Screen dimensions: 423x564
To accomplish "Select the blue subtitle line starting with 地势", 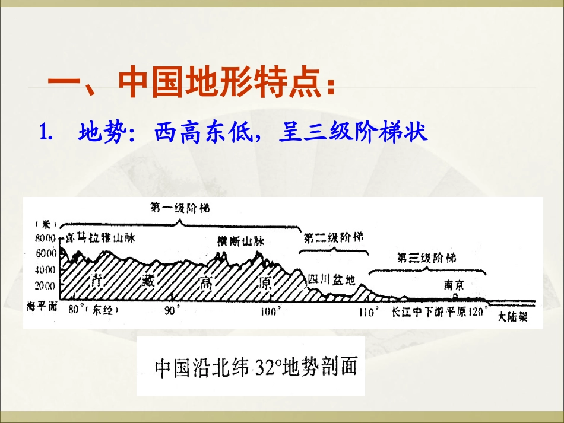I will (252, 132).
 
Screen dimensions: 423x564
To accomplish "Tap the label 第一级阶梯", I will (179, 208).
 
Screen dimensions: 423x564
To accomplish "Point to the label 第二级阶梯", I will (333, 237).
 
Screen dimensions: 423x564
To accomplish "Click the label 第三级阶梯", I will (426, 258).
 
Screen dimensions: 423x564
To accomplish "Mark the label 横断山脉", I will (241, 241).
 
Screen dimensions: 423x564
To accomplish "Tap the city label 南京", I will (454, 284).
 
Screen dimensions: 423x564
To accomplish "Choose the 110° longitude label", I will (368, 312).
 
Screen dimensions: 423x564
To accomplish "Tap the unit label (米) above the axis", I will (45, 224).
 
